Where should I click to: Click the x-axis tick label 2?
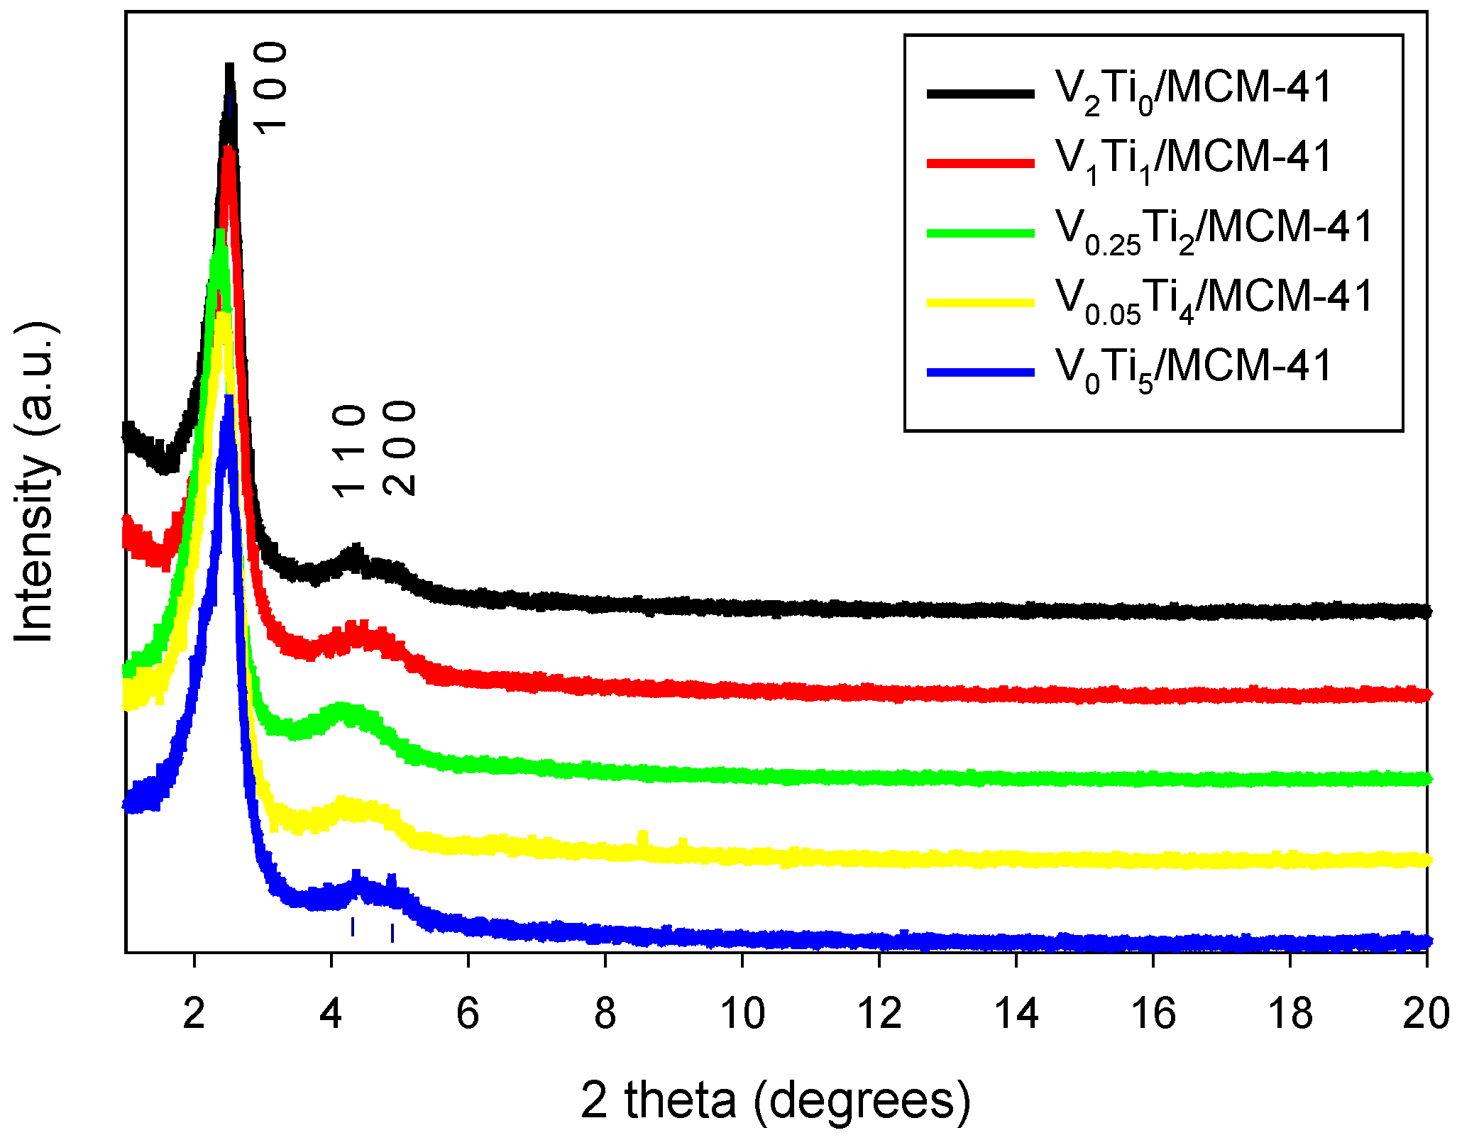pyautogui.click(x=193, y=1014)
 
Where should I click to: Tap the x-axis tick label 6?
pyautogui.click(x=468, y=1014)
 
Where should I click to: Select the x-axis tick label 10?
pyautogui.click(x=742, y=1014)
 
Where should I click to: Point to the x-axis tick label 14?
pyautogui.click(x=1016, y=1014)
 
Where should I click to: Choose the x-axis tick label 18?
pyautogui.click(x=1290, y=1014)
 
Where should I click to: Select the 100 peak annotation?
pyautogui.click(x=270, y=87)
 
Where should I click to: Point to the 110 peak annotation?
pyautogui.click(x=348, y=451)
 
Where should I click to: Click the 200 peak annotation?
pyautogui.click(x=399, y=448)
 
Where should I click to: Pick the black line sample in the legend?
pyautogui.click(x=980, y=93)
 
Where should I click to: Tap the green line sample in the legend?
pyautogui.click(x=980, y=233)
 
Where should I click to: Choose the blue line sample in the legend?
pyautogui.click(x=980, y=372)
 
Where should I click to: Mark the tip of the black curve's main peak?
pyautogui.click(x=229, y=67)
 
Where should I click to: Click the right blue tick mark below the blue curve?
pyautogui.click(x=392, y=933)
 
